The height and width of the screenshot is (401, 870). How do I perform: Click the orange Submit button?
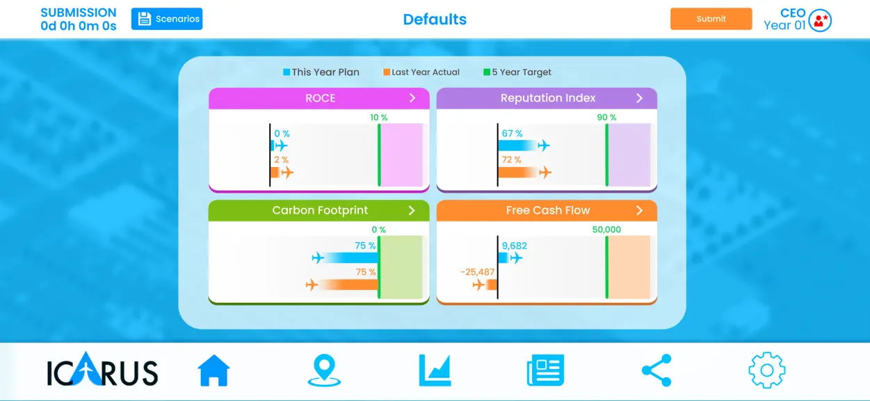point(711,19)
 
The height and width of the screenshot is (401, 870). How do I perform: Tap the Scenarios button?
point(167,19)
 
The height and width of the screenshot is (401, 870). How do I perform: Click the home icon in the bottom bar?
point(214,370)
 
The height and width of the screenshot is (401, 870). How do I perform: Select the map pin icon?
point(324,370)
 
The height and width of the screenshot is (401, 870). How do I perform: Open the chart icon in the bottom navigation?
point(435,370)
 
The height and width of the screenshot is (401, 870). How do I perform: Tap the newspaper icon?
point(545,370)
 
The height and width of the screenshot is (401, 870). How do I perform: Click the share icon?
point(656,370)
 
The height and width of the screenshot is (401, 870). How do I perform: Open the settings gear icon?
point(766,370)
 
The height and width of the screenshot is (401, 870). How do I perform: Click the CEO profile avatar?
point(820,20)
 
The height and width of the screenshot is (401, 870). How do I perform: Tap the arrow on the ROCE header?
point(412,98)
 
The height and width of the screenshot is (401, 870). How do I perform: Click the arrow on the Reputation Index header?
point(639,98)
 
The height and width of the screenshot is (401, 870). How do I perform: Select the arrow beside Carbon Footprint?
point(412,210)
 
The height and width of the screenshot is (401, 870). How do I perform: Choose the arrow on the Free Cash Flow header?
point(639,210)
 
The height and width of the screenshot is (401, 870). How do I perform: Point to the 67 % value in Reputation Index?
point(512,134)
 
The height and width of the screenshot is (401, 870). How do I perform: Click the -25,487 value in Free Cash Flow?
point(477,272)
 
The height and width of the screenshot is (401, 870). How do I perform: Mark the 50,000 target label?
point(606,230)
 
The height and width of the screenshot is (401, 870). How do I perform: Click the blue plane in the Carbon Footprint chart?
point(318,258)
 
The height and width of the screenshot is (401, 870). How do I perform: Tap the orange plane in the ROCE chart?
point(287,172)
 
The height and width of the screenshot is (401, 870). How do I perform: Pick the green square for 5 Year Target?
point(486,72)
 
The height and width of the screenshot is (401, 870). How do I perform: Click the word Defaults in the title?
point(435,19)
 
